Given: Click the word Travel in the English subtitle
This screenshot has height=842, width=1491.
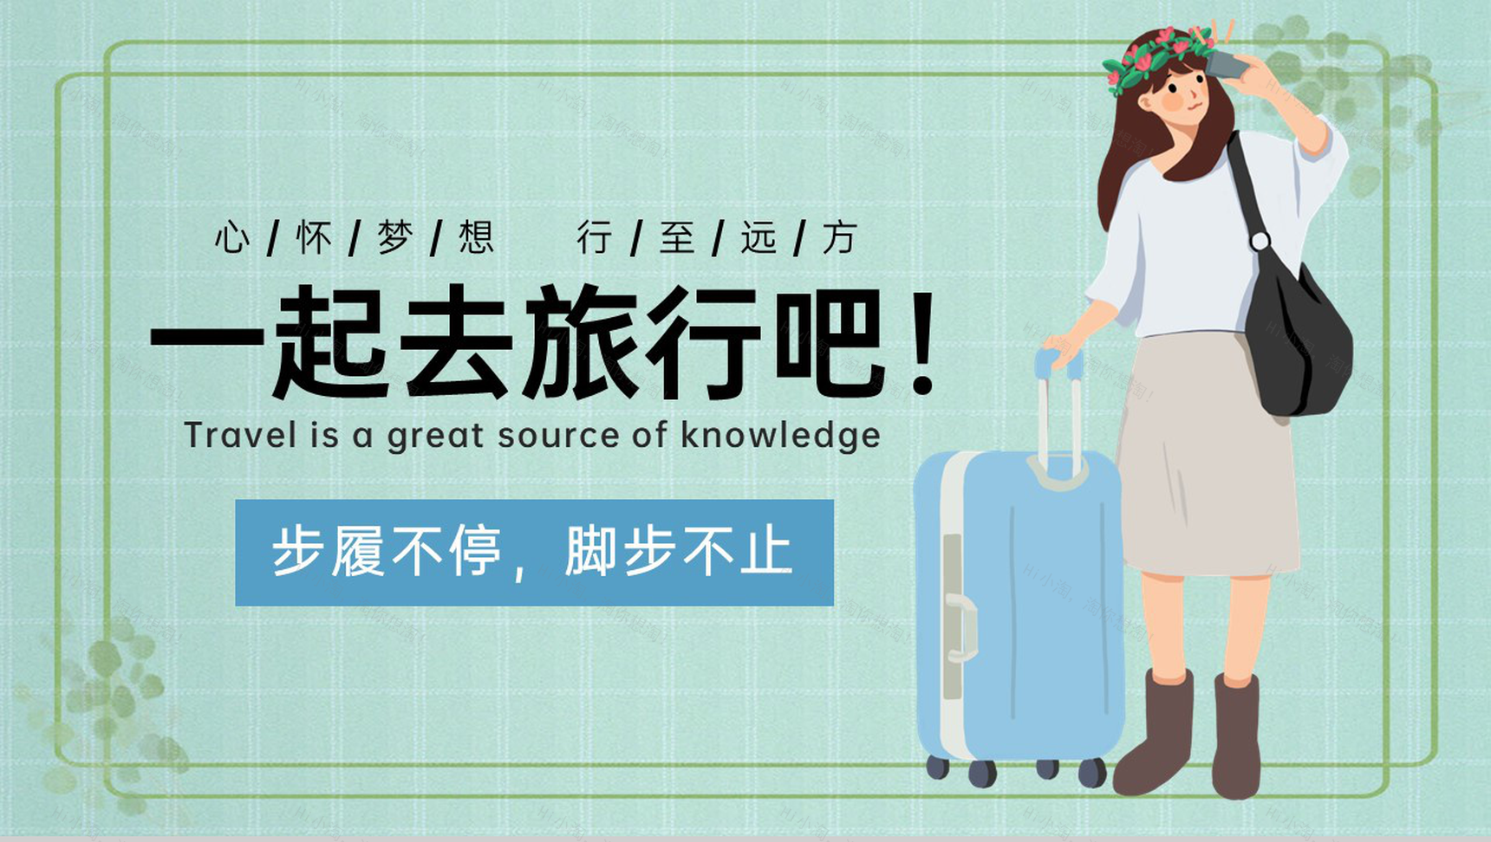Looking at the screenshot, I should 228,435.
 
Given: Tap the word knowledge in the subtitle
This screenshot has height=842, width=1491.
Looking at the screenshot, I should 779,436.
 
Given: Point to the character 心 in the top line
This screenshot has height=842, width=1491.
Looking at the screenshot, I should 232,237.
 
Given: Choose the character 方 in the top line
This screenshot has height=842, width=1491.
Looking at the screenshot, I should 839,237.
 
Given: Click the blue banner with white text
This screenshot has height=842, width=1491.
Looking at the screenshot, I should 534,552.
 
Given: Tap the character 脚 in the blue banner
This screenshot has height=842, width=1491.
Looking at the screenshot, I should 592,551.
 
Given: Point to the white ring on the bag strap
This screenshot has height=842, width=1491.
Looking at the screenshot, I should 1260,241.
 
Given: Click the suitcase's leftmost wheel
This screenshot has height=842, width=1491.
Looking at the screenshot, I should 937,767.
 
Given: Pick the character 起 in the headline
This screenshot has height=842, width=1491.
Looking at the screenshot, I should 329,343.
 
